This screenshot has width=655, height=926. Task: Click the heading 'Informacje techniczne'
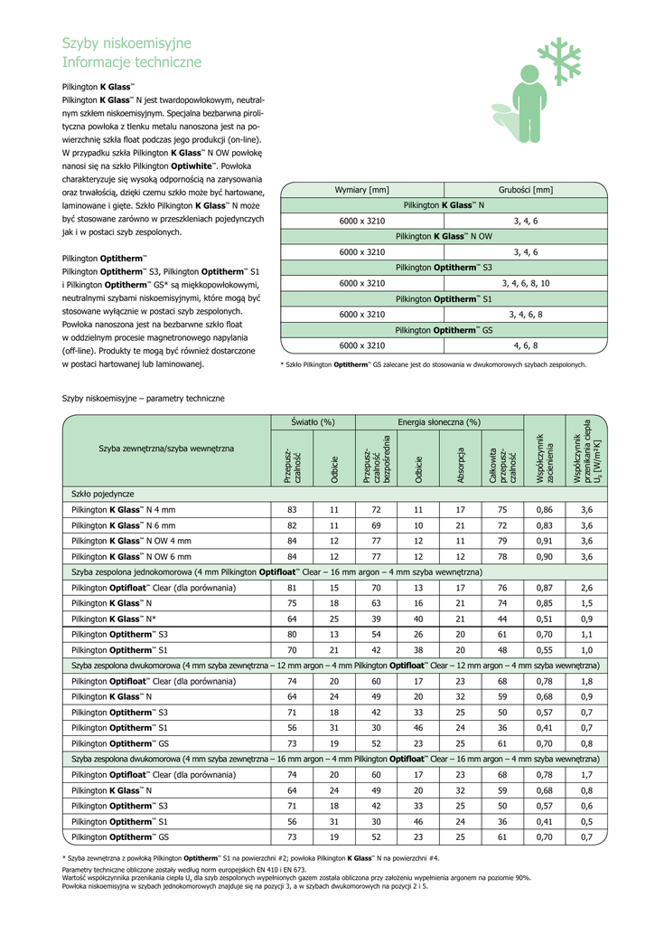pyautogui.click(x=132, y=62)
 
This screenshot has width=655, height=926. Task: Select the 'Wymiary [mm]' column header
pyautogui.click(x=361, y=190)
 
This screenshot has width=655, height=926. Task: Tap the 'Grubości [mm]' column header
pyautogui.click(x=526, y=190)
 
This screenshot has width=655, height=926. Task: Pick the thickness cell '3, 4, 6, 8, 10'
pyautogui.click(x=526, y=283)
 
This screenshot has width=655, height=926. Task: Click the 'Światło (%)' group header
pyautogui.click(x=313, y=421)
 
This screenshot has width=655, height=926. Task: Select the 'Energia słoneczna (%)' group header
pyautogui.click(x=439, y=421)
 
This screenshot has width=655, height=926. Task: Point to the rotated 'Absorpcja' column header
pyautogui.click(x=461, y=464)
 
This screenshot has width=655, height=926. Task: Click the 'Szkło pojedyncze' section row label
pyautogui.click(x=103, y=495)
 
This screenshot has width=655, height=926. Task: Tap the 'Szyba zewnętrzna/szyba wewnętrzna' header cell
pyautogui.click(x=166, y=449)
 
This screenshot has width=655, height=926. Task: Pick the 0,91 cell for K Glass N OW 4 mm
pyautogui.click(x=545, y=541)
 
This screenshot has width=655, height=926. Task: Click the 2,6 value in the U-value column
pyautogui.click(x=586, y=588)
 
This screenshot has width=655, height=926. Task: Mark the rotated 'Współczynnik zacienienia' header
pyautogui.click(x=545, y=461)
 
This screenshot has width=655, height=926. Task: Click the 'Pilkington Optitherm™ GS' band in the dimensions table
pyautogui.click(x=444, y=330)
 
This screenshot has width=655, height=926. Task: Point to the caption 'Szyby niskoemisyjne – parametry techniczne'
pyautogui.click(x=143, y=398)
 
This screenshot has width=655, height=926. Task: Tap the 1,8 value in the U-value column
pyautogui.click(x=586, y=681)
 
